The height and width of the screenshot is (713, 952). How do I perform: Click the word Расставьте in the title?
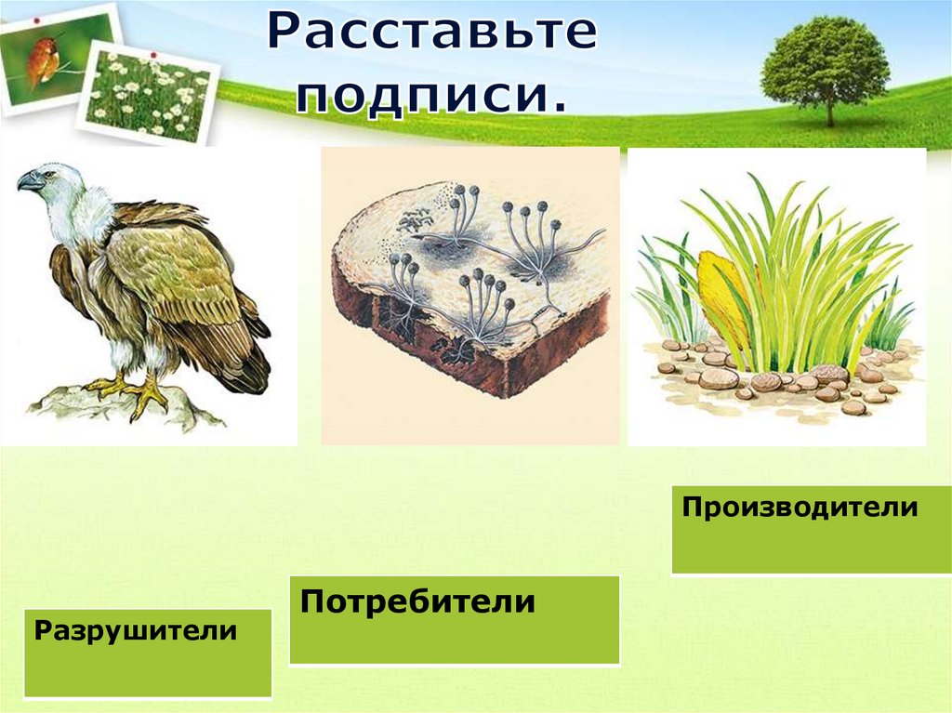click(x=432, y=33)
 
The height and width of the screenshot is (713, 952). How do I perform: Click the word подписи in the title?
click(x=424, y=96)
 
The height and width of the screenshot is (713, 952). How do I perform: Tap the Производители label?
click(x=800, y=507)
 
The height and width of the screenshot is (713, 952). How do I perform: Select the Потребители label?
click(x=417, y=601)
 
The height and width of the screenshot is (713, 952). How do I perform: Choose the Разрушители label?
click(x=136, y=630)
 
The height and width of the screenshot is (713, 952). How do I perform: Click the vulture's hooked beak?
click(x=27, y=181)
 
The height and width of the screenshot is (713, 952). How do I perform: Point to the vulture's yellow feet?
click(x=130, y=392)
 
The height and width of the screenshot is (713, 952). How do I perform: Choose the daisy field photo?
click(x=148, y=92)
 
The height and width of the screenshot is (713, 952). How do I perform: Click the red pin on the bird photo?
click(x=37, y=20)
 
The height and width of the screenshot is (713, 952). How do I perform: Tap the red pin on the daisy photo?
click(x=153, y=56)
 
